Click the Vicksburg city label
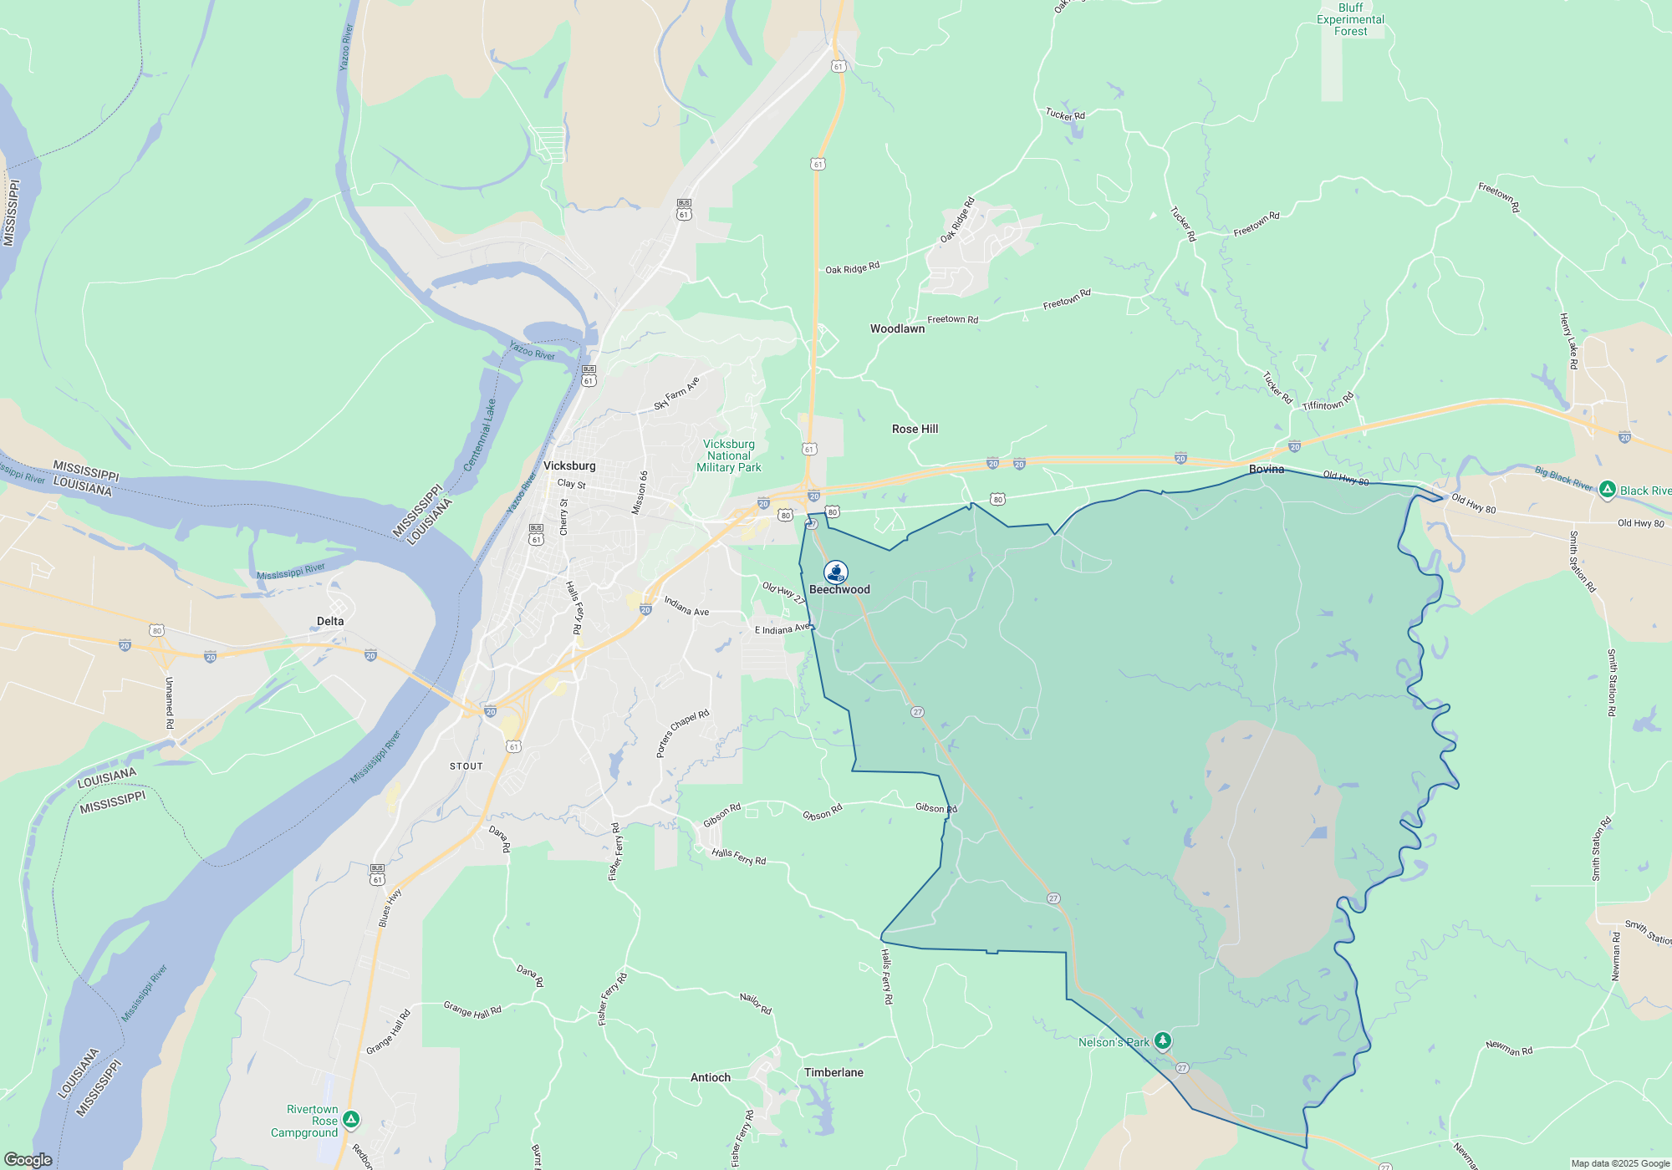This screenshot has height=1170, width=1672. coord(569,465)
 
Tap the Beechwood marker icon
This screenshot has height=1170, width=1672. coord(836,572)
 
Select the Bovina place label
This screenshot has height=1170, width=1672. coord(1267,469)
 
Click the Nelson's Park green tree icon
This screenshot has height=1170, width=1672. coord(1162,1040)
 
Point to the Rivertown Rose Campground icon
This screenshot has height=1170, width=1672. coord(351,1119)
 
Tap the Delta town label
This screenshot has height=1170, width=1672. coord(330,621)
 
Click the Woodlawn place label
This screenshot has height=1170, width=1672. coord(897,328)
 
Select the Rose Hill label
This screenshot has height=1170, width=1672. coord(915,429)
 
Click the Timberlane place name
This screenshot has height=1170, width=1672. coord(833,1072)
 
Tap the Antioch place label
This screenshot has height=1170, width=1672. coord(711,1077)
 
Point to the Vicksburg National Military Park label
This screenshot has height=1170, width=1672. coord(729,456)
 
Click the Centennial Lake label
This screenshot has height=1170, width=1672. coord(480,435)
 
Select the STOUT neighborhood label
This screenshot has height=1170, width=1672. coord(466,766)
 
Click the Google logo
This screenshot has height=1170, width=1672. coord(28,1159)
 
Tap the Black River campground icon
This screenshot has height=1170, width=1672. coord(1607,490)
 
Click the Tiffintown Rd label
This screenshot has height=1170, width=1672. coord(1328,402)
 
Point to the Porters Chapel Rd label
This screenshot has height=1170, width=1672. coord(682,733)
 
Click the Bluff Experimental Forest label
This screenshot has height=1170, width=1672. coord(1350,19)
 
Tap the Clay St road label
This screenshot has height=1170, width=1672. coord(572,484)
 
